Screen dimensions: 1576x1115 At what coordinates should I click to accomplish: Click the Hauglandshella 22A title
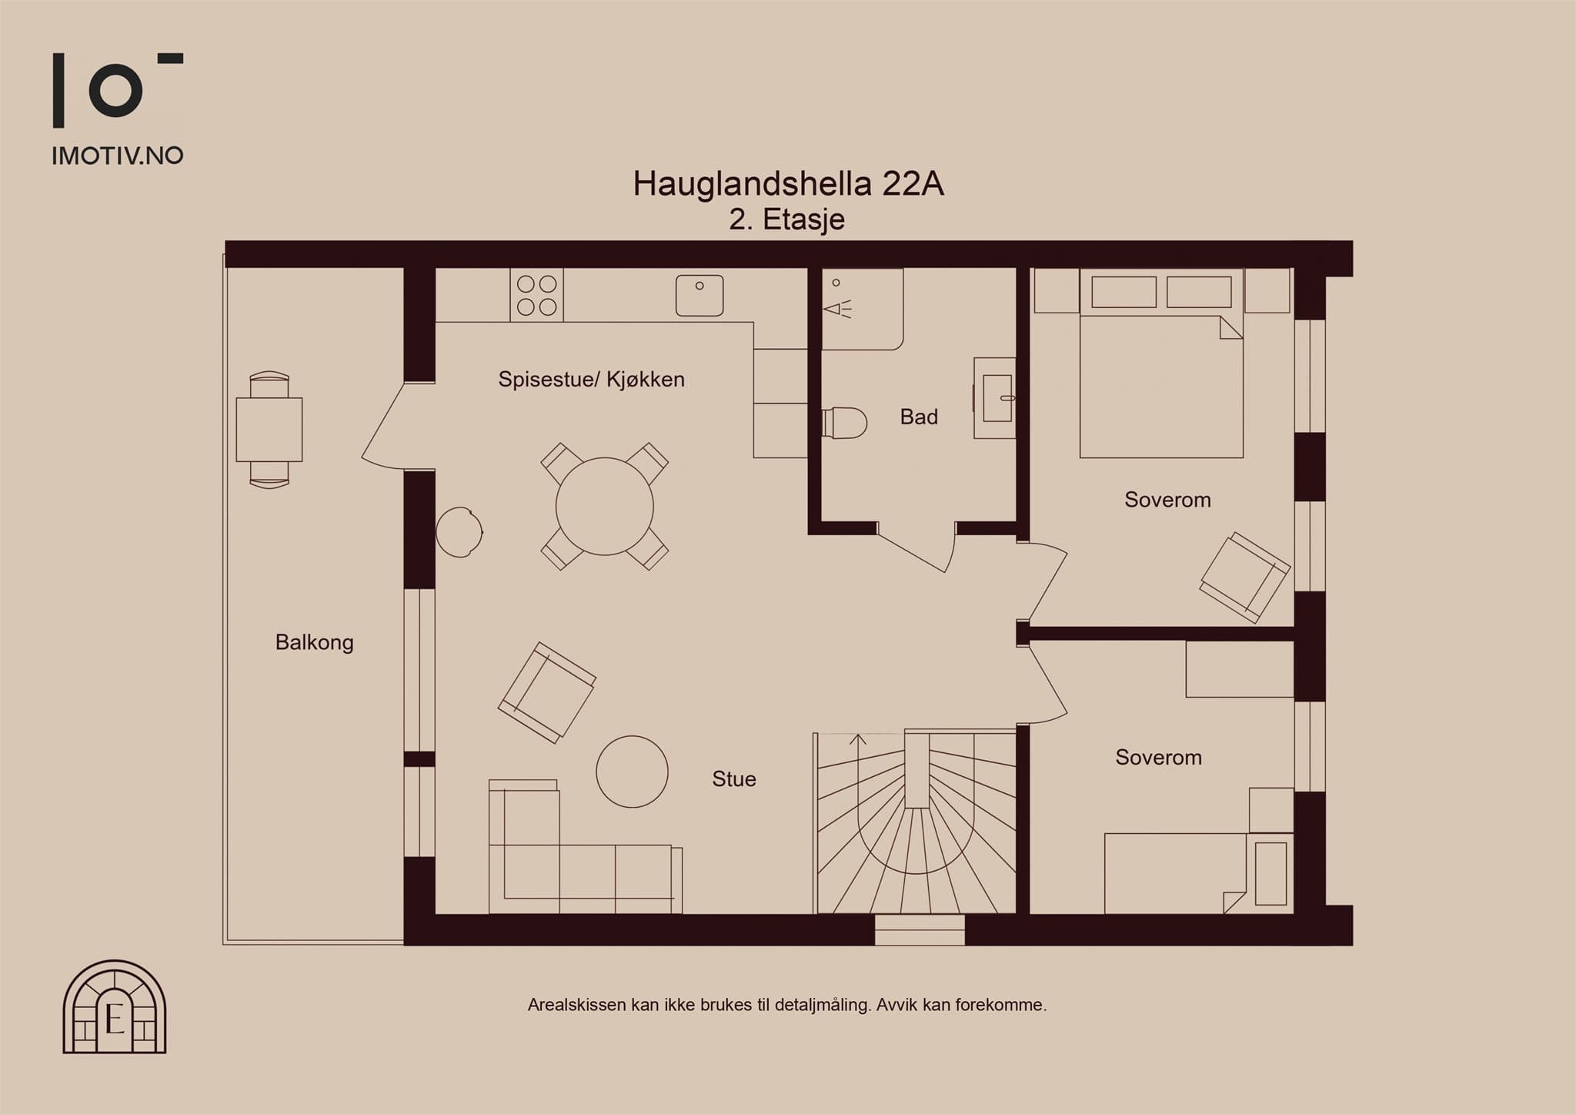point(788,184)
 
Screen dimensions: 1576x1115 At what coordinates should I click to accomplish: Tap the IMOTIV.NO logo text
point(118,156)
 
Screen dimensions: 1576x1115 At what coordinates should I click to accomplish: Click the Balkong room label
point(315,643)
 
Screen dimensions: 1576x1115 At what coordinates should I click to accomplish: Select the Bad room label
point(919,417)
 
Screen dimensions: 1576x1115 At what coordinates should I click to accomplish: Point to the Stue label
point(734,779)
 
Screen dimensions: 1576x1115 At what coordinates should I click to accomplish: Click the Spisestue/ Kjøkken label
point(591,379)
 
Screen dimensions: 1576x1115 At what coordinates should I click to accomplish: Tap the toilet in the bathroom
point(844,423)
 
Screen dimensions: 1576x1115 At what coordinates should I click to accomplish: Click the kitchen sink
point(700,296)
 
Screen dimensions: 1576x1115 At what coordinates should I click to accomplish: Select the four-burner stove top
point(536,295)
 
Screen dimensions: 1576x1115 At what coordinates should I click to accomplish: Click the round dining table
point(605,507)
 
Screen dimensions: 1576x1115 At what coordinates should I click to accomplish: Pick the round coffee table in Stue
point(633,772)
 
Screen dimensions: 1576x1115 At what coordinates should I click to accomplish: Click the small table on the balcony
point(269,430)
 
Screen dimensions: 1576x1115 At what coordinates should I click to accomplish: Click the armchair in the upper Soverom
point(1244,578)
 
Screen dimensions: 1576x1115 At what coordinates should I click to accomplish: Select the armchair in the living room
point(546,692)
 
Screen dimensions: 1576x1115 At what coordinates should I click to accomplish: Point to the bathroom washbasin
point(995,398)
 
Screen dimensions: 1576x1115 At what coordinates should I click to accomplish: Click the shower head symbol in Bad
point(837,309)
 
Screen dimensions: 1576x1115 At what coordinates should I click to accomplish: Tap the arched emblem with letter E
point(115,1006)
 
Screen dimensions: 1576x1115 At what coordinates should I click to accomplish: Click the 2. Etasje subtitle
point(787,220)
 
